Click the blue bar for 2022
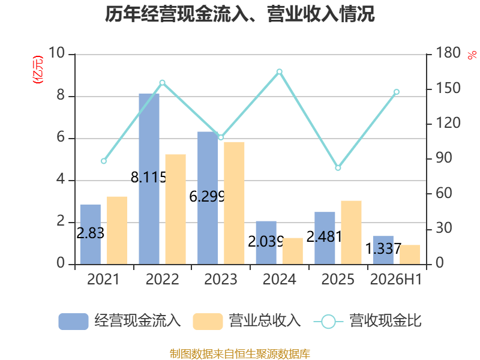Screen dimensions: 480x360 149,179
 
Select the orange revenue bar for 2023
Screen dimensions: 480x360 234,203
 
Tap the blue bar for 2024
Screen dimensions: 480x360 266,243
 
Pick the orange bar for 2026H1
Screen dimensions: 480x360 410,254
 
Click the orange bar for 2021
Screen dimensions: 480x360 117,230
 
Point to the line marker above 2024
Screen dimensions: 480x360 280,72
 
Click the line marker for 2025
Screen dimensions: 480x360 338,168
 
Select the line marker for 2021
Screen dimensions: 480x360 104,161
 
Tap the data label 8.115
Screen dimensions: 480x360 148,177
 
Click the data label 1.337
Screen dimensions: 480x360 383,248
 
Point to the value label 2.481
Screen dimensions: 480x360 324,236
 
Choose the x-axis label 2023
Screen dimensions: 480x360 221,279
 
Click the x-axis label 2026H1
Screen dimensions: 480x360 396,279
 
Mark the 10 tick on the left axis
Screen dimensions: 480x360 56,53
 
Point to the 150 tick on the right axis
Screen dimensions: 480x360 448,88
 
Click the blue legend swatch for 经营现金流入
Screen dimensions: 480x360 73,322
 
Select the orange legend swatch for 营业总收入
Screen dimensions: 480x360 208,322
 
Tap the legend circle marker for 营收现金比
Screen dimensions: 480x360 328,322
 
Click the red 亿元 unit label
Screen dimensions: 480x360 38,70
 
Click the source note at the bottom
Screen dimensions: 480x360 240,354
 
